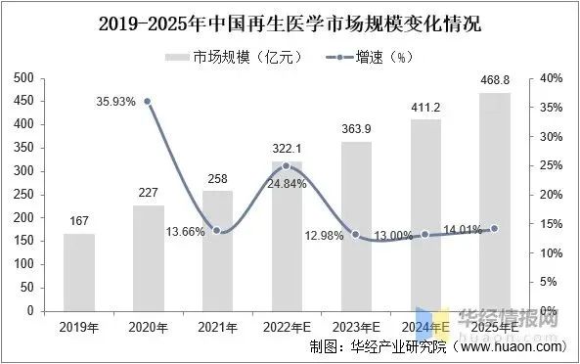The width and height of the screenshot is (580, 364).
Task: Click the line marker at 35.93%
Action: click(148, 101)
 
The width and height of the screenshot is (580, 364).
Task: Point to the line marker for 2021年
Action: click(217, 231)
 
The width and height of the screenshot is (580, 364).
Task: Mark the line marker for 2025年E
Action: click(495, 229)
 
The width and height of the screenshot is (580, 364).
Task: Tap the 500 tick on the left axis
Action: click(22, 78)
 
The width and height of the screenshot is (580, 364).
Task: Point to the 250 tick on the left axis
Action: click(22, 195)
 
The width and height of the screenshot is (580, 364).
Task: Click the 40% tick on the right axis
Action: click(550, 78)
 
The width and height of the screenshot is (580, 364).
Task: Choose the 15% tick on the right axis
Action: click(550, 224)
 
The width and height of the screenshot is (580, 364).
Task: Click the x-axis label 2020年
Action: click(149, 326)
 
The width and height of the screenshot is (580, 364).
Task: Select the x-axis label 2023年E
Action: click(356, 326)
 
